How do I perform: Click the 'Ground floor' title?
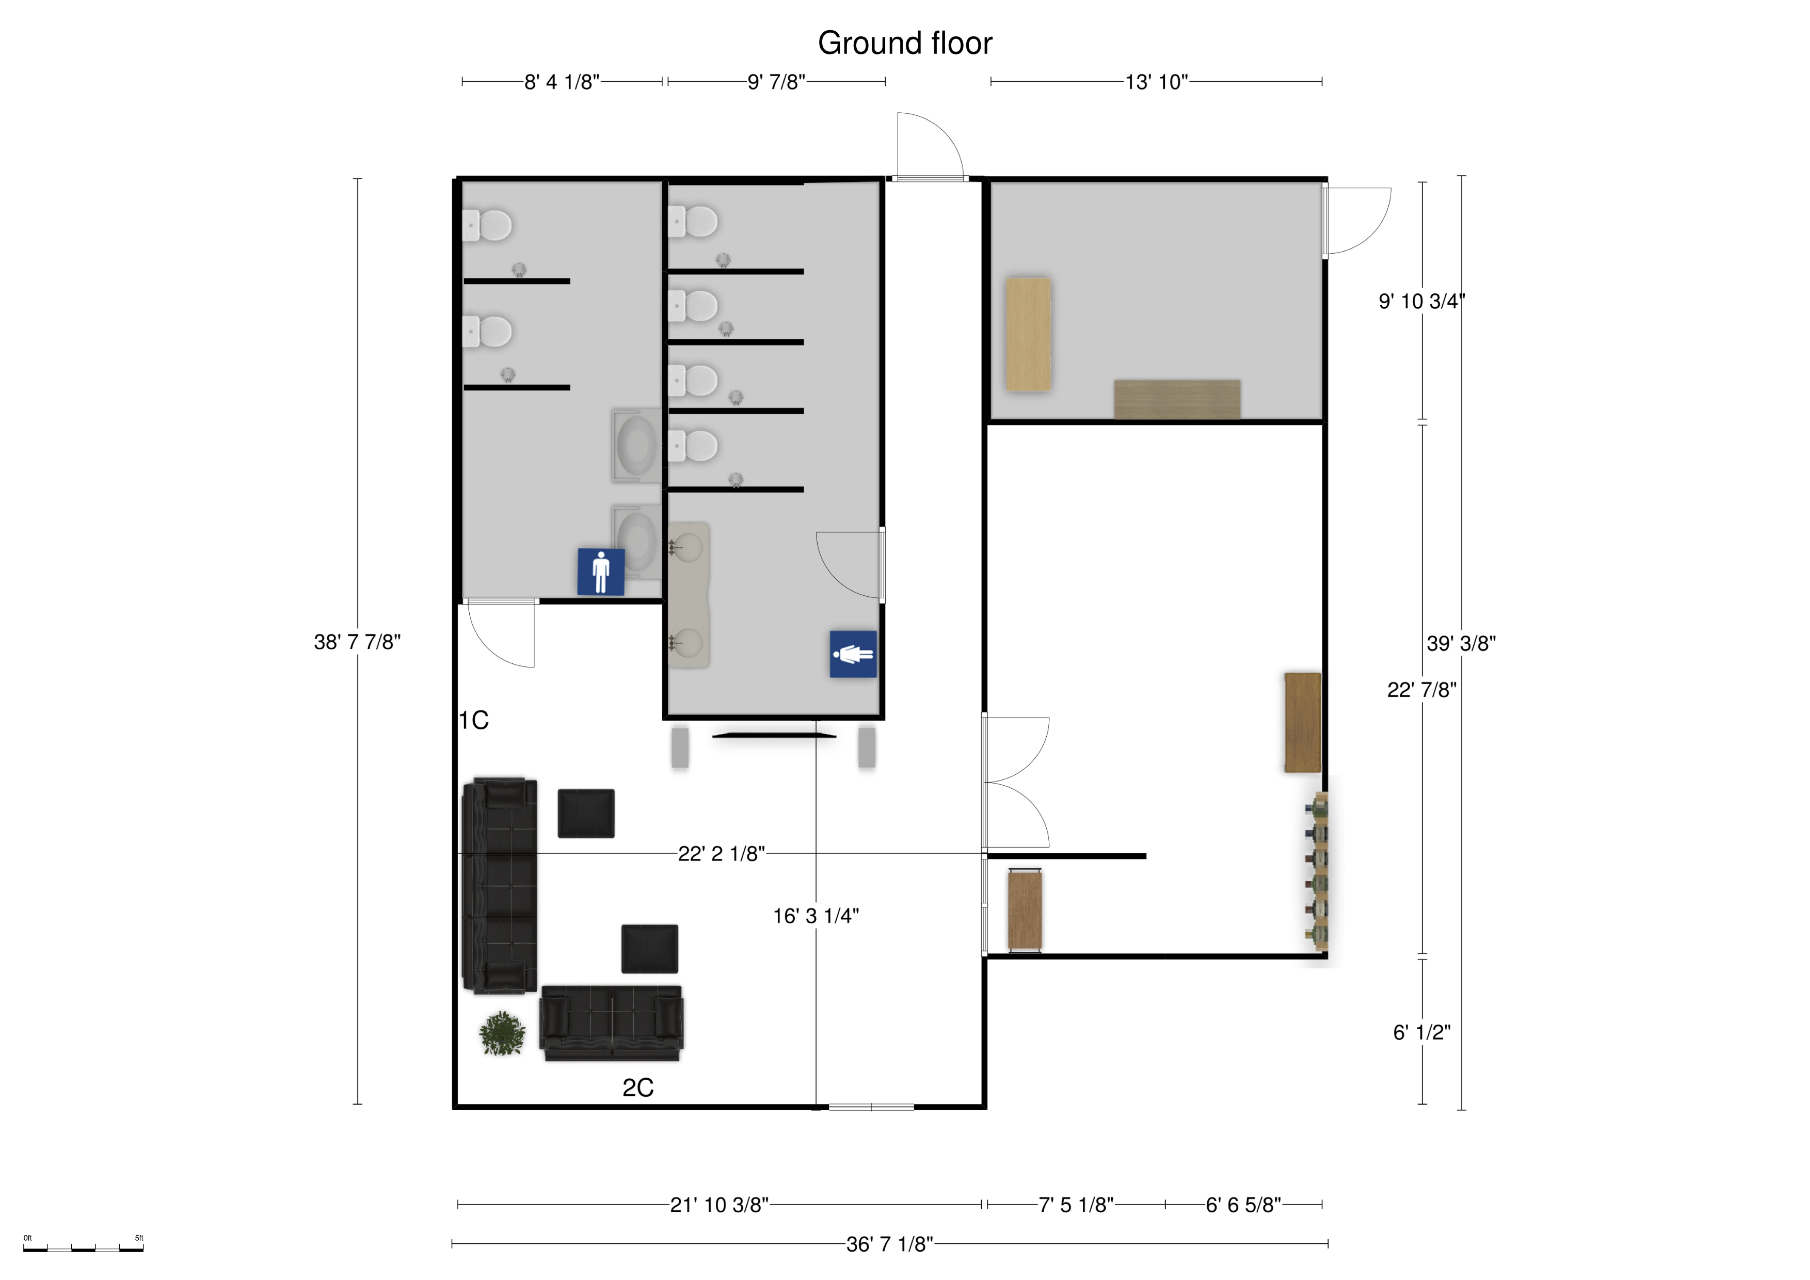pos(905,43)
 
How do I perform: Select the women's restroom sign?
pos(853,654)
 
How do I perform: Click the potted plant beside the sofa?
pos(502,1033)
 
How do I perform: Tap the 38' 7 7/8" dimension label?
pos(357,642)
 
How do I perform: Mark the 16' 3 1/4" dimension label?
pos(816,916)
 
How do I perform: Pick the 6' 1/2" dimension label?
pos(1422,1033)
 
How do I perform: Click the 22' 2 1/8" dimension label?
pos(721,854)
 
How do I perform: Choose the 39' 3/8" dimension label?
pos(1461,644)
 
